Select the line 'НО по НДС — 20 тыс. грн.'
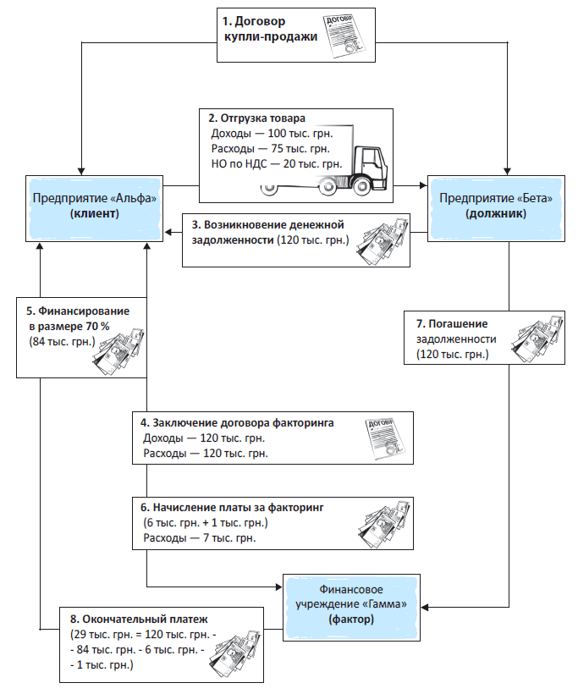[x=275, y=163]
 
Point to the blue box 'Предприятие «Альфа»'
[x=95, y=206]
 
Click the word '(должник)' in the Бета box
[x=495, y=215]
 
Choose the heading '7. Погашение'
[x=453, y=323]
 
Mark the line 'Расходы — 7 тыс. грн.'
[x=200, y=538]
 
